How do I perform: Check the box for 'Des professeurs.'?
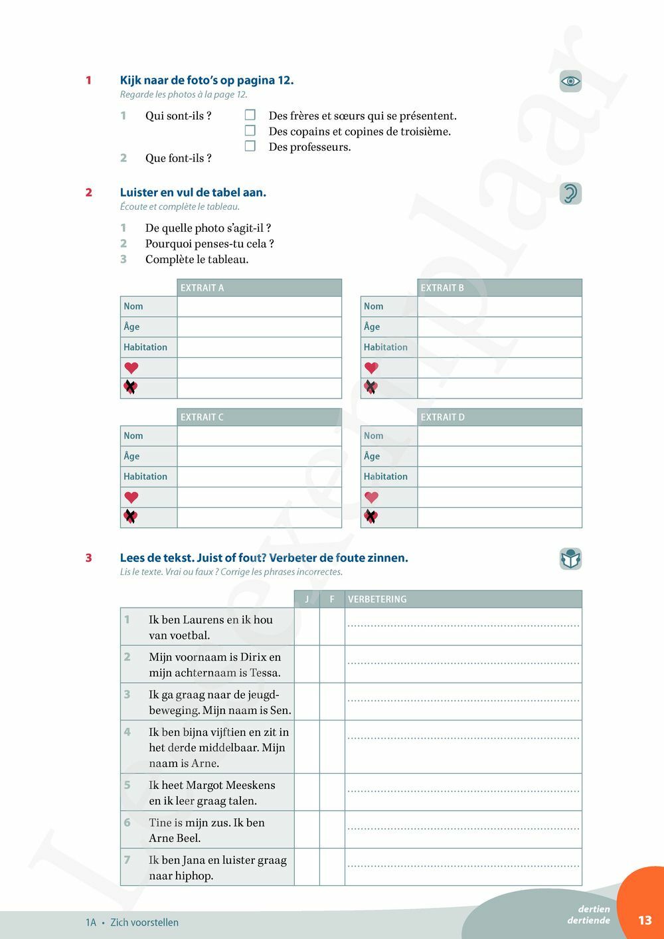click(250, 146)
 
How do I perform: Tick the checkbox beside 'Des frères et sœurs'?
click(250, 115)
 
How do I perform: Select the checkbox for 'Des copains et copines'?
click(250, 131)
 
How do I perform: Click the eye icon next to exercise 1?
click(570, 82)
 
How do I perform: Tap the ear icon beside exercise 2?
click(570, 193)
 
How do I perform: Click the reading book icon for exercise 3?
click(570, 559)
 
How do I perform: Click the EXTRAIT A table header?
click(259, 288)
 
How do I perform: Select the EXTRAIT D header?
click(499, 417)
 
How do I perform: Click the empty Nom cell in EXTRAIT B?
click(499, 306)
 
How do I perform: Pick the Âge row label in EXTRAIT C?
click(131, 456)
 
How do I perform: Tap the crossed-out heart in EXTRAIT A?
click(131, 387)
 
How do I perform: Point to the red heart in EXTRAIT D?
click(372, 497)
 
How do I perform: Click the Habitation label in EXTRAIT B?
click(386, 347)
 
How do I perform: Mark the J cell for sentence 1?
click(307, 626)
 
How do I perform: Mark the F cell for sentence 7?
click(332, 867)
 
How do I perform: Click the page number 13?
click(645, 920)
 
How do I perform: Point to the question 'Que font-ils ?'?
click(179, 158)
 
